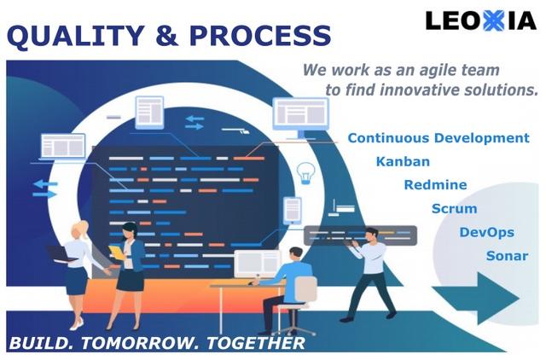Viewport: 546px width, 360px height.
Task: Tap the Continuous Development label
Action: pos(438,138)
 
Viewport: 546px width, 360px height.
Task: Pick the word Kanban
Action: pos(403,161)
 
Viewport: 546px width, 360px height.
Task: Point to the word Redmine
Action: pos(435,184)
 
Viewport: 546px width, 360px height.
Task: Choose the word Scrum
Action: pos(454,208)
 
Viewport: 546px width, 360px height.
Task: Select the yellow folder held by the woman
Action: pos(115,253)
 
